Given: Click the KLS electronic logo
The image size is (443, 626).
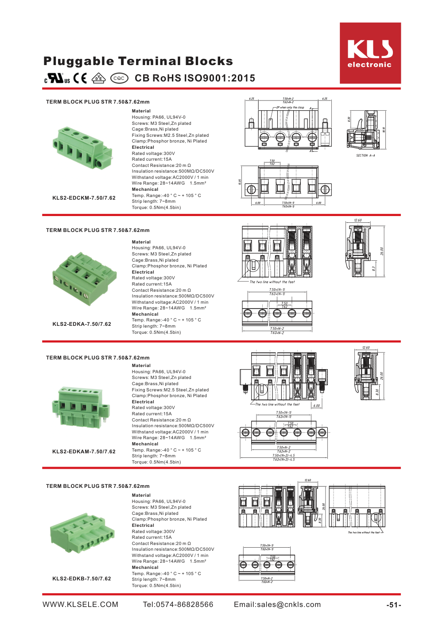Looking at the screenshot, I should (370, 53).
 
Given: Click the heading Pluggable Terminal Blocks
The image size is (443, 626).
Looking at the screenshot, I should (138, 61).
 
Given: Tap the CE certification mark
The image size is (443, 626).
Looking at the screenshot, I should (80, 78).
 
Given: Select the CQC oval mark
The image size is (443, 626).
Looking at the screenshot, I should (119, 78).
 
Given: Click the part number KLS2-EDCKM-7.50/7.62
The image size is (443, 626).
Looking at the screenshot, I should (84, 198).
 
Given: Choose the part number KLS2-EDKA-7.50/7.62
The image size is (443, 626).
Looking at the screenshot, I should (82, 324).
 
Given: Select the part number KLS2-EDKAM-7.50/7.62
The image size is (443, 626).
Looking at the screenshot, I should (84, 452).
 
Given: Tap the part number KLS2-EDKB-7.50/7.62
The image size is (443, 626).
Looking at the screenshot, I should (82, 579).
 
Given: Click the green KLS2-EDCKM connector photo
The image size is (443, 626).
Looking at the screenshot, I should (82, 147).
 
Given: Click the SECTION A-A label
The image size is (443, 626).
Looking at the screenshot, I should (365, 155).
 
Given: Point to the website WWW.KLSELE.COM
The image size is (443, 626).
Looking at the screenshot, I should (81, 605).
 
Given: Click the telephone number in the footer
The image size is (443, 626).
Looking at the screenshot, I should (178, 605).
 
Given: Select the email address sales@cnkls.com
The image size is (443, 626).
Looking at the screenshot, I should (277, 605).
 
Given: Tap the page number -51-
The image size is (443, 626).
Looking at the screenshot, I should (393, 605).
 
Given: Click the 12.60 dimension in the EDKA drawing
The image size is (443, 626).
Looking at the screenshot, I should (358, 220).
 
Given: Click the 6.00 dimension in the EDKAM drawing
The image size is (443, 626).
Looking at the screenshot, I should (316, 406).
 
